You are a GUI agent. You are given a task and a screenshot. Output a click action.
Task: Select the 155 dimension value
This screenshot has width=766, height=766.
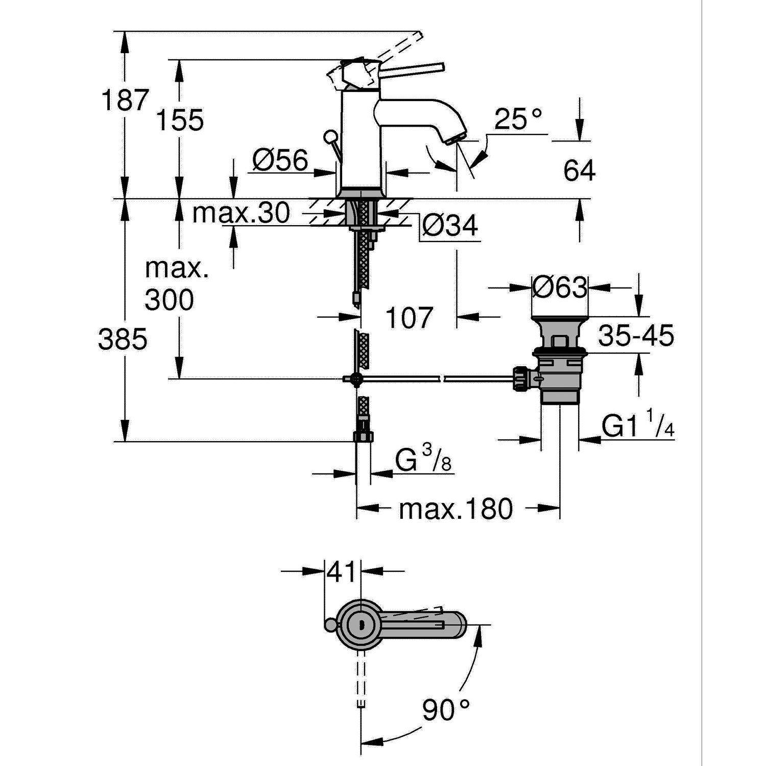pyautogui.click(x=179, y=121)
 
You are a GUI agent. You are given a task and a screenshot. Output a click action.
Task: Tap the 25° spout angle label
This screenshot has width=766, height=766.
pyautogui.click(x=518, y=119)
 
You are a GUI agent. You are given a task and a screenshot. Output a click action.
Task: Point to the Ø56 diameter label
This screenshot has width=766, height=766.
pyautogui.click(x=280, y=161)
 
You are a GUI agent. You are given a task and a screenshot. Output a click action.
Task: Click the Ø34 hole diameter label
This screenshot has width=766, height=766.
pyautogui.click(x=449, y=225)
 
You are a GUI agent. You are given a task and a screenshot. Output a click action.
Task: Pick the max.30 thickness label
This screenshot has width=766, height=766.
pyautogui.click(x=241, y=213)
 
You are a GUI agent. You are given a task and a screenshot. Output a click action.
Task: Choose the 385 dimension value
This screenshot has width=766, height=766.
pyautogui.click(x=123, y=339)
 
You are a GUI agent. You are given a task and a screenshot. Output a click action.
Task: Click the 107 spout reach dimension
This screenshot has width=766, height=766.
pyautogui.click(x=409, y=318)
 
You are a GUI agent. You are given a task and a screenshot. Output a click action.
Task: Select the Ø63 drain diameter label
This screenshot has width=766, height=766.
pyautogui.click(x=560, y=288)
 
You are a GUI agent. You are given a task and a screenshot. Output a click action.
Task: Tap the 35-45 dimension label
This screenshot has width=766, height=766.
pyautogui.click(x=636, y=336)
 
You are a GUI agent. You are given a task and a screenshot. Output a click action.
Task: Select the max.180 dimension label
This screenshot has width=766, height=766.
pyautogui.click(x=456, y=509)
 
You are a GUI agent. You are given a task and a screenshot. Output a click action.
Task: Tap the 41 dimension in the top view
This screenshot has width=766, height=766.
pyautogui.click(x=341, y=572)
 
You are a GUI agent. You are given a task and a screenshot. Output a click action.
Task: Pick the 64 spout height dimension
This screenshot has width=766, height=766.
pyautogui.click(x=579, y=171)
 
